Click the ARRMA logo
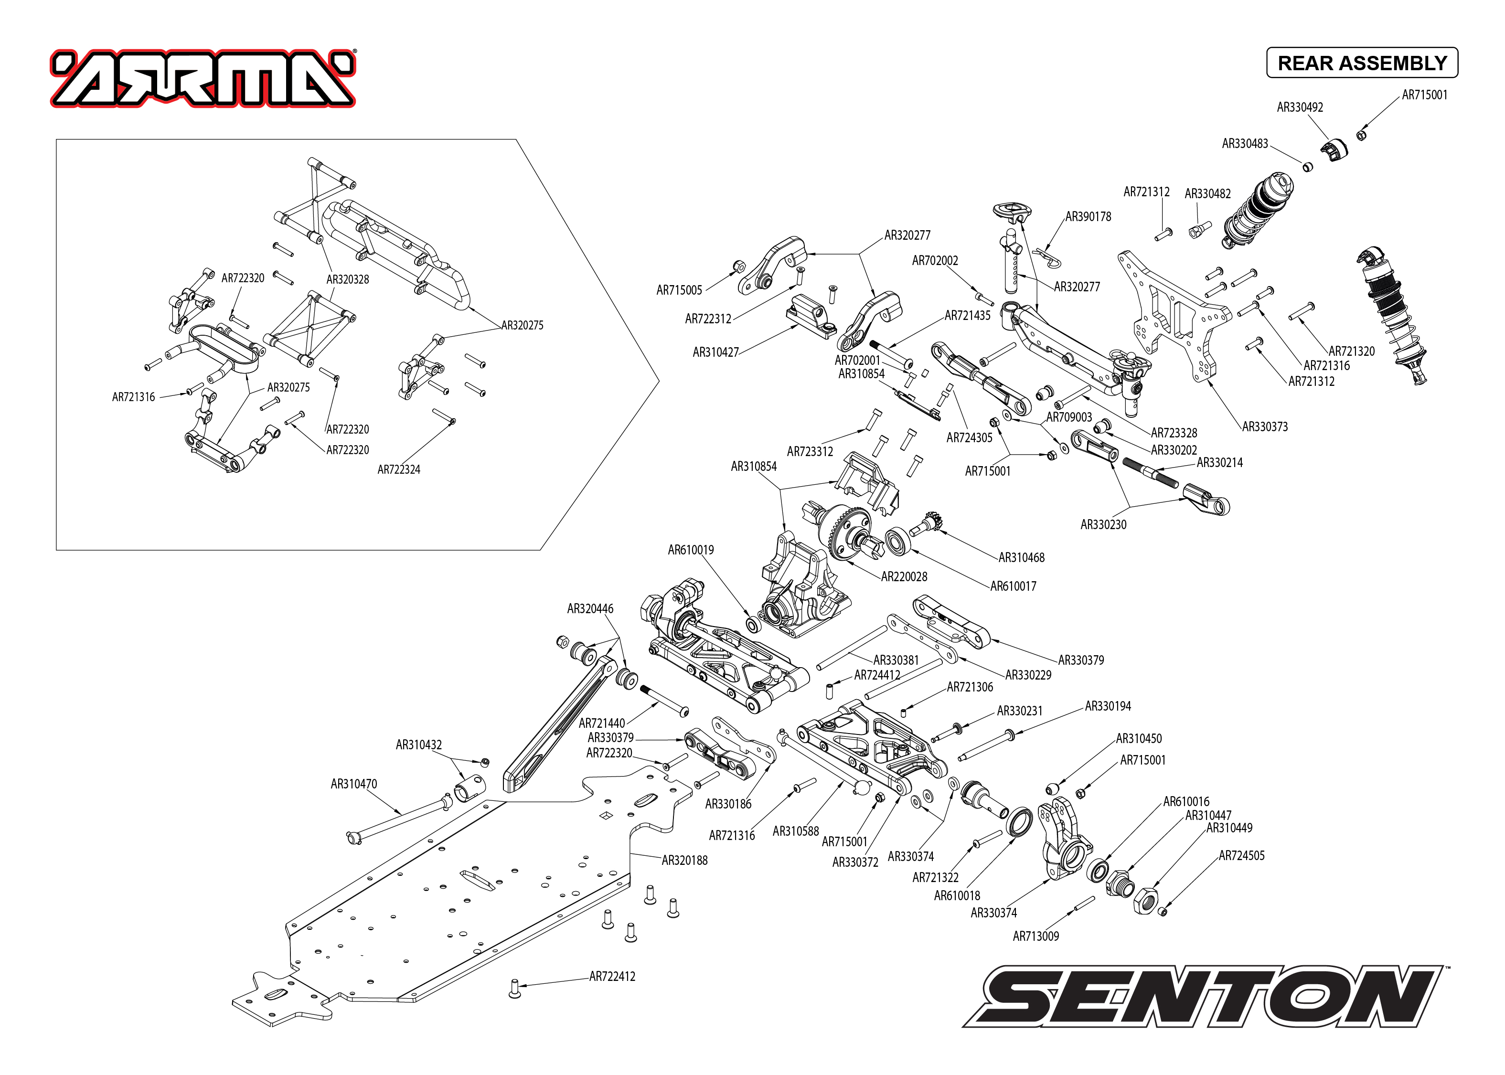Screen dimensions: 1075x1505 [203, 78]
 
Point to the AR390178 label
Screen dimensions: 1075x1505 [1088, 216]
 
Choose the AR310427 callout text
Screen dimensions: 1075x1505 [715, 352]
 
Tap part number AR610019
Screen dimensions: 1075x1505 [690, 549]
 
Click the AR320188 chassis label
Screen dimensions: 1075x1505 [684, 860]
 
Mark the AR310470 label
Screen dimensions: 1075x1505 [353, 784]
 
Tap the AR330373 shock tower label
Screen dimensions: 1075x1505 [1264, 426]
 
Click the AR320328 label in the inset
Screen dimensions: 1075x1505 [347, 279]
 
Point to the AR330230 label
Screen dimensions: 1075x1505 [1103, 524]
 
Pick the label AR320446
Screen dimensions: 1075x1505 [590, 608]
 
